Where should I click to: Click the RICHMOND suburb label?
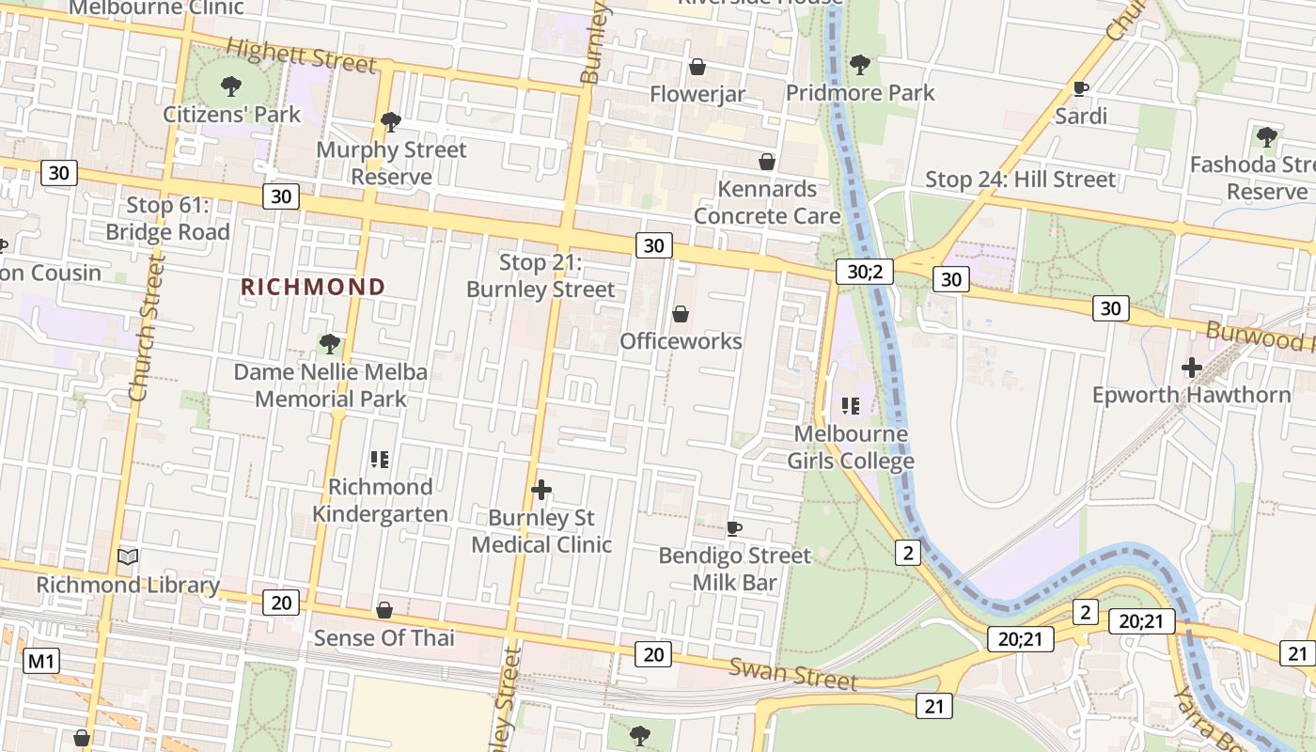[x=314, y=287]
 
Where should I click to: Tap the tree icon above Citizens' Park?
[x=231, y=87]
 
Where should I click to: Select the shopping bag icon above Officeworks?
[x=681, y=314]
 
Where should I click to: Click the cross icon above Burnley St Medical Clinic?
[x=541, y=490]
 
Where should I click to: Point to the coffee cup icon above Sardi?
[x=1081, y=89]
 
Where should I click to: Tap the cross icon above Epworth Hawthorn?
[x=1192, y=367]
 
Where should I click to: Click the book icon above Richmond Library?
[x=129, y=556]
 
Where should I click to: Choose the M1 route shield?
[x=41, y=661]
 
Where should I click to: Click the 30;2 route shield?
[x=864, y=272]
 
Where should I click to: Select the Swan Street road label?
[x=793, y=674]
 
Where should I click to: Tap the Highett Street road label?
[x=301, y=56]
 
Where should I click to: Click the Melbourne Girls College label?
[x=851, y=447]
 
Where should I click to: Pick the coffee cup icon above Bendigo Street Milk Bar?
[x=734, y=528]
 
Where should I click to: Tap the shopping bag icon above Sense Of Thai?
[x=384, y=611]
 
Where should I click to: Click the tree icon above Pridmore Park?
[x=859, y=65]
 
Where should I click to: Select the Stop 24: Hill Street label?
[x=1020, y=179]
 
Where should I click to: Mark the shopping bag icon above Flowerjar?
[x=697, y=67]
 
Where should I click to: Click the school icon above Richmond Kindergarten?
[x=380, y=460]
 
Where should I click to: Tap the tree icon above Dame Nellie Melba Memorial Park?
[x=329, y=343]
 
